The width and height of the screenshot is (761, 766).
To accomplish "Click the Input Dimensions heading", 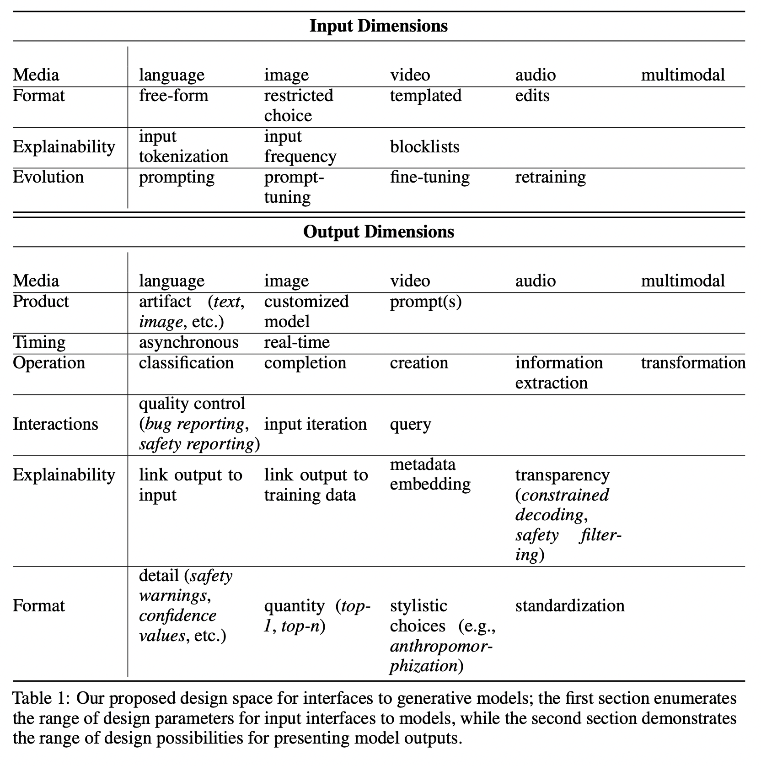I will tap(378, 26).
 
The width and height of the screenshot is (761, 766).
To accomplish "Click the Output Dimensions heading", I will tap(378, 232).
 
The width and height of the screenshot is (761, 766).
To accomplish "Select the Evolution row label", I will tap(48, 177).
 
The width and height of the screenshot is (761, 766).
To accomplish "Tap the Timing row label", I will tap(39, 342).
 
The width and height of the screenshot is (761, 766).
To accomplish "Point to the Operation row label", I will tap(49, 363).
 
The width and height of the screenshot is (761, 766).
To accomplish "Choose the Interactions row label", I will tap(55, 424).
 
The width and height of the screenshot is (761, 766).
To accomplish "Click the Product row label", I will tap(41, 302).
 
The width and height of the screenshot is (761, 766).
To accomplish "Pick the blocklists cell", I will tap(424, 147).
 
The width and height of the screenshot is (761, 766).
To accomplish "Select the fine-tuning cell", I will tap(429, 177).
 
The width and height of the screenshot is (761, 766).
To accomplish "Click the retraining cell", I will tap(550, 177).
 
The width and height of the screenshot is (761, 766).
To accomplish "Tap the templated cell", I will tap(425, 96).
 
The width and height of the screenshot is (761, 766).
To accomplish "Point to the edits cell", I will tap(532, 96).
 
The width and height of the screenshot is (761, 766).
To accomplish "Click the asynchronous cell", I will tap(188, 342).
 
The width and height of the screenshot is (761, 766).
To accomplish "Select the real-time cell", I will tap(297, 342).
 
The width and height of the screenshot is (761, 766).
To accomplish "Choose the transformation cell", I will tap(693, 363).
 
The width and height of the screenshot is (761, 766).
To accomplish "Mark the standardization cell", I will tap(569, 606).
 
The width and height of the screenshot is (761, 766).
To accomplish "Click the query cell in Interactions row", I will tap(410, 425).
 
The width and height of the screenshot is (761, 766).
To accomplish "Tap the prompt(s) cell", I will tap(425, 302).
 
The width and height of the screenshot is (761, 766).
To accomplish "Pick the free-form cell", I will tap(173, 96).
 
